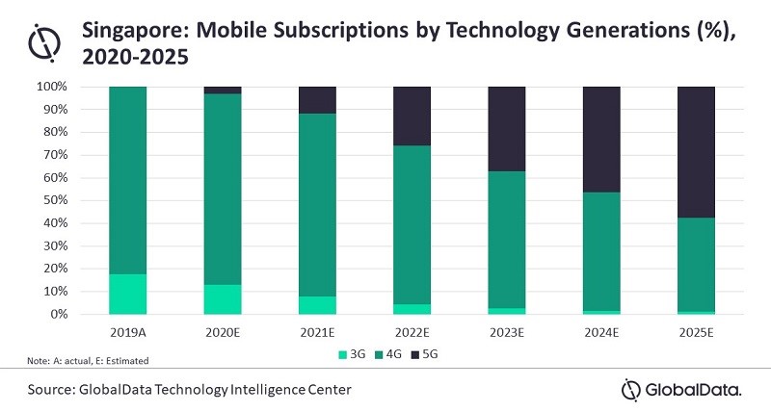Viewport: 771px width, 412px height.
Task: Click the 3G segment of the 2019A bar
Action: (127, 295)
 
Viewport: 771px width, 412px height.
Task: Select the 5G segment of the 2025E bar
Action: (697, 152)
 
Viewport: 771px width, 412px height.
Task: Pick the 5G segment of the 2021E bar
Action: (317, 100)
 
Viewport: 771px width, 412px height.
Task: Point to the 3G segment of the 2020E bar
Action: (223, 299)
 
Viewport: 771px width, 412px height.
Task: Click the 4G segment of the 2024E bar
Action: (601, 251)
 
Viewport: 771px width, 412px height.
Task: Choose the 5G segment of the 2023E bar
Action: (507, 129)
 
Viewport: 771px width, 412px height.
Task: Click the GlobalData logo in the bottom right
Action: (680, 389)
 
